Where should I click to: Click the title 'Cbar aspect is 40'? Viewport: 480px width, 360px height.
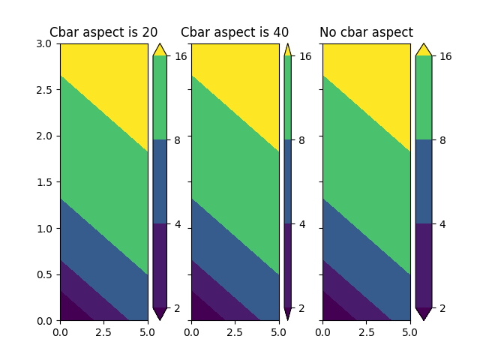235,32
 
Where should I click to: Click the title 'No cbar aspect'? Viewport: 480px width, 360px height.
366,32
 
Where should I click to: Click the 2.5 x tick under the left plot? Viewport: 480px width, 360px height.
103,331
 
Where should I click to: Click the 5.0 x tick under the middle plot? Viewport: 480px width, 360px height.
279,331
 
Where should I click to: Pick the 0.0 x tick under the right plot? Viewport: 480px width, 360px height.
323,331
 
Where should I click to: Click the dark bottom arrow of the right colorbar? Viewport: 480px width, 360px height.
424,313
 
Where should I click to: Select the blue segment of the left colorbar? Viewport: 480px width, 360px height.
160,181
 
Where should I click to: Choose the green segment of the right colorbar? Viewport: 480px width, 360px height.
424,97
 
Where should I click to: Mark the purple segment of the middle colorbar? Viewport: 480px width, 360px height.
287,265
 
